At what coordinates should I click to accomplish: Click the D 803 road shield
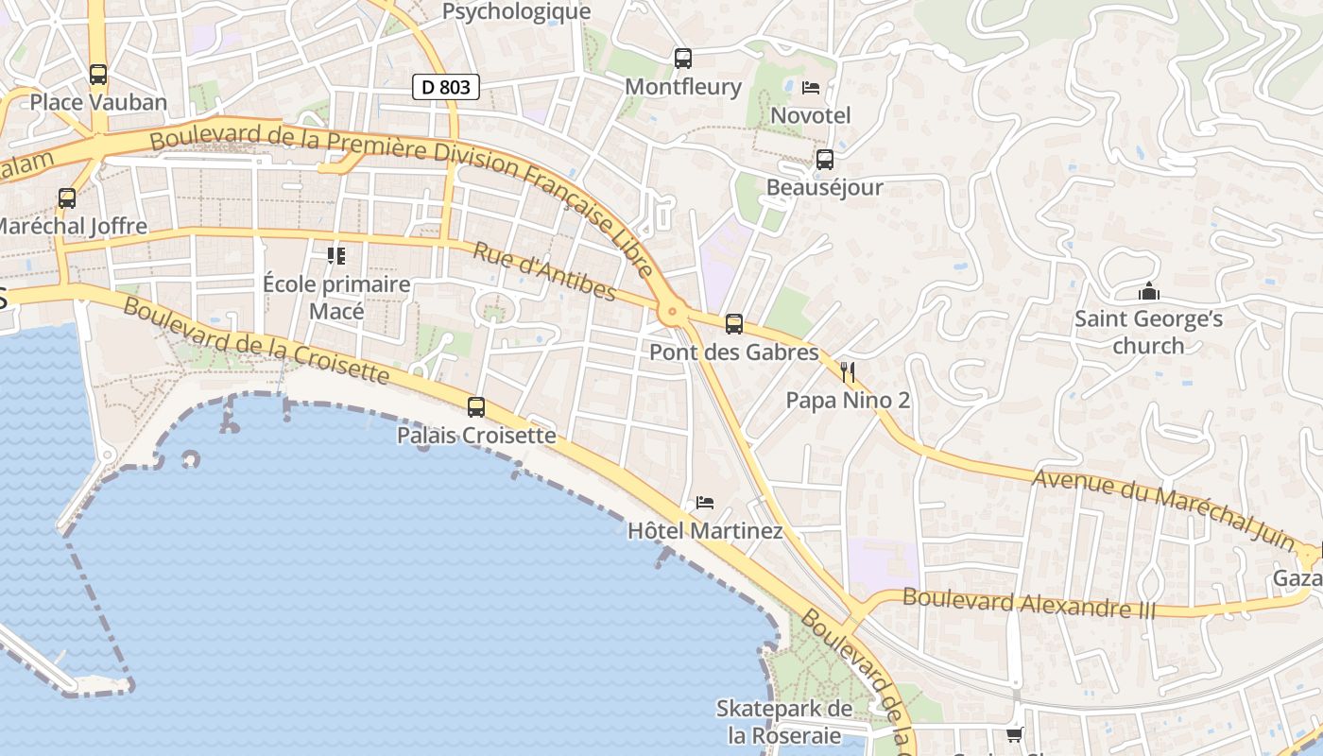tap(446, 88)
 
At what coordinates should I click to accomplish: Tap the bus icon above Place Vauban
tap(98, 74)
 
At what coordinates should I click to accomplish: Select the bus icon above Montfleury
tap(683, 59)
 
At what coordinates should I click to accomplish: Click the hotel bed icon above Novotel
tap(811, 88)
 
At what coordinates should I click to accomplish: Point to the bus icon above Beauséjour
tap(825, 160)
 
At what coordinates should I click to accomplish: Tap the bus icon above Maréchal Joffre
tap(67, 198)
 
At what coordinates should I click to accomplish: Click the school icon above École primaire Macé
tap(336, 255)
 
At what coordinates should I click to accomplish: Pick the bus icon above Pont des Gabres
tap(734, 324)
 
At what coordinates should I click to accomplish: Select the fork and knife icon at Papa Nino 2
tap(848, 372)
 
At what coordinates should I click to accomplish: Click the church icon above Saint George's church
tap(1149, 291)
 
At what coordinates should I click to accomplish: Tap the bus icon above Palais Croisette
tap(476, 407)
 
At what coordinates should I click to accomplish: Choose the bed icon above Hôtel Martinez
tap(705, 503)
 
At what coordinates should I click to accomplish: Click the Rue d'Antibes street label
tap(543, 272)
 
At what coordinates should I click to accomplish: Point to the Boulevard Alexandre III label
tap(1029, 602)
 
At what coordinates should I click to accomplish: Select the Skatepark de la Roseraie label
tap(784, 721)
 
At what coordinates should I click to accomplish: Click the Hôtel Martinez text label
tap(705, 531)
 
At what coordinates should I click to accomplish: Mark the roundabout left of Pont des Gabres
tap(672, 311)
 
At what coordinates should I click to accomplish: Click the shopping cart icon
tap(1015, 734)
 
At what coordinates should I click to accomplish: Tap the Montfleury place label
tap(683, 87)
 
